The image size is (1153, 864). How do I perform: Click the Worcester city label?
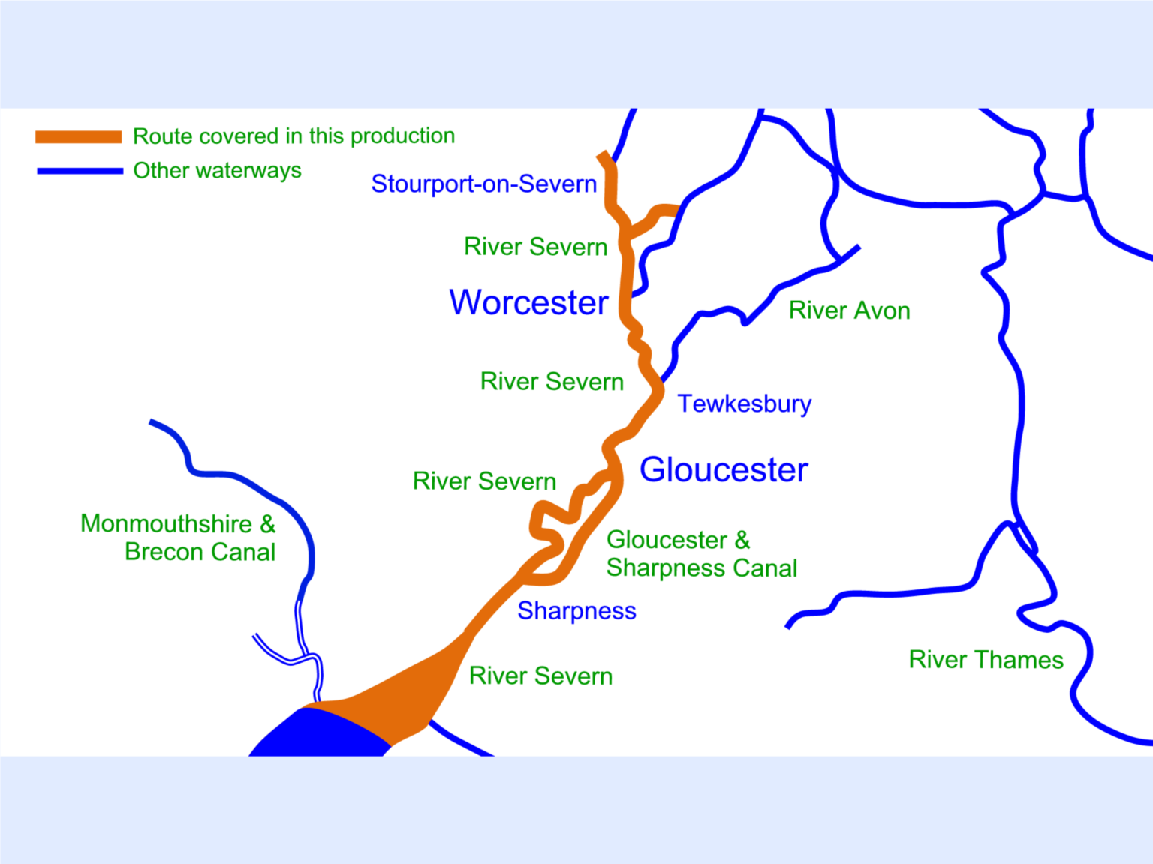pyautogui.click(x=528, y=303)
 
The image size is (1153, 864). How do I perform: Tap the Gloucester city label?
pyautogui.click(x=724, y=470)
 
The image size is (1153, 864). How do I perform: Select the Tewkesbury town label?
pyautogui.click(x=744, y=403)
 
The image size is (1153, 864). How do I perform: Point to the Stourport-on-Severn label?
pyautogui.click(x=483, y=184)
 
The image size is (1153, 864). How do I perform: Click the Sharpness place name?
pyautogui.click(x=576, y=611)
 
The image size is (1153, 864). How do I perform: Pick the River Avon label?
pyautogui.click(x=849, y=310)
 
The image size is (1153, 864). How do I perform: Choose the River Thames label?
pyautogui.click(x=986, y=660)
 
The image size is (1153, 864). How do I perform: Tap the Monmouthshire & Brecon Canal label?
pyautogui.click(x=178, y=538)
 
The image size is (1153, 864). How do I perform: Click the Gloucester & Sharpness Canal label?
pyautogui.click(x=701, y=554)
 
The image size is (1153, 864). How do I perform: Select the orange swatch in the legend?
pyautogui.click(x=78, y=136)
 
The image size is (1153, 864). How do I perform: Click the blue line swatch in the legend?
pyautogui.click(x=80, y=171)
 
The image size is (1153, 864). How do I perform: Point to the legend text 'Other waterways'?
pyautogui.click(x=217, y=171)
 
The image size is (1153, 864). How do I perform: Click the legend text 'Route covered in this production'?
pyautogui.click(x=294, y=136)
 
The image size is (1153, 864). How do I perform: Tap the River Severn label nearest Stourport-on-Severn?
pyautogui.click(x=535, y=247)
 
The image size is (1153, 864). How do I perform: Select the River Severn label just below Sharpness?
pyautogui.click(x=540, y=676)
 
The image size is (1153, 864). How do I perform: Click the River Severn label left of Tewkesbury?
pyautogui.click(x=552, y=382)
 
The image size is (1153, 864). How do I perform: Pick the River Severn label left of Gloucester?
pyautogui.click(x=484, y=481)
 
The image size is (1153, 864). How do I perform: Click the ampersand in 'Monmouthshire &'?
pyautogui.click(x=268, y=524)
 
